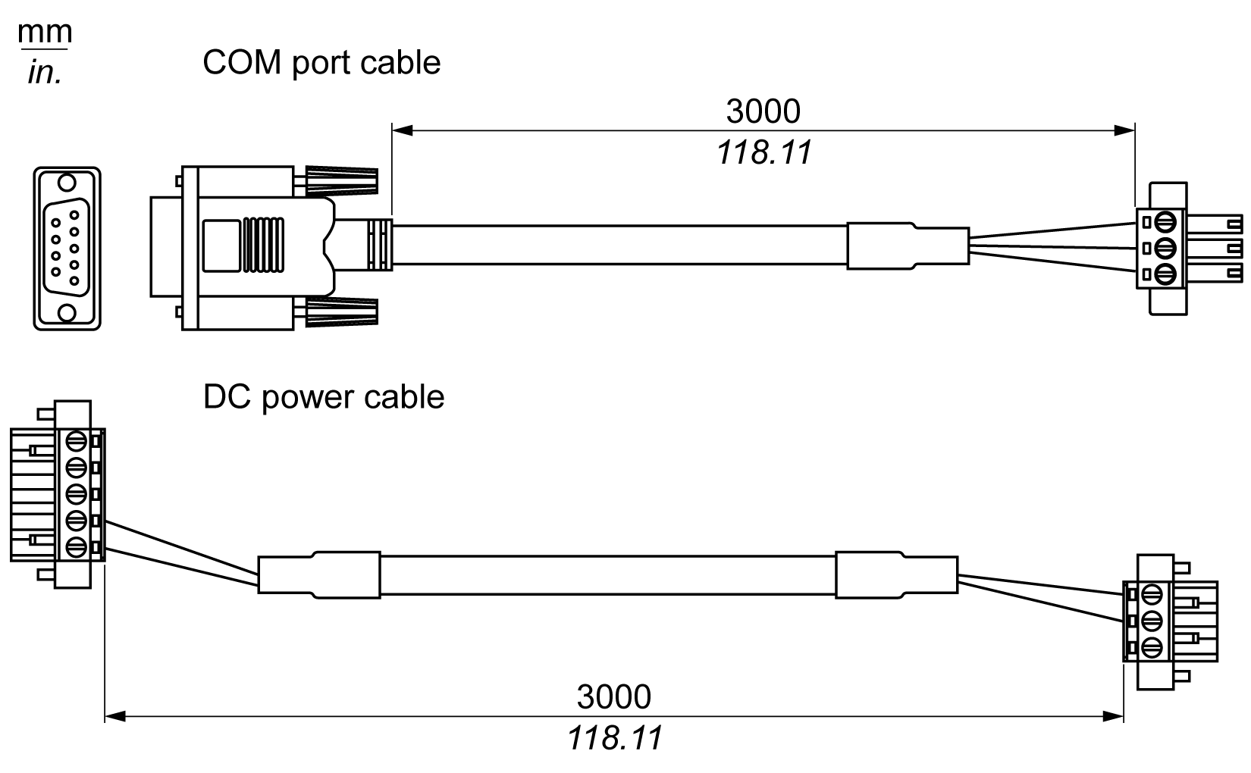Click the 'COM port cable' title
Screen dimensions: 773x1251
click(x=321, y=62)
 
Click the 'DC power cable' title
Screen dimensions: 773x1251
click(x=324, y=397)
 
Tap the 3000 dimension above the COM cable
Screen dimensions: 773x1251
click(x=763, y=111)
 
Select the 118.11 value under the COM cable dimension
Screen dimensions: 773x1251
click(x=764, y=152)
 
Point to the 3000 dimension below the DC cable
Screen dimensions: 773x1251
click(x=613, y=696)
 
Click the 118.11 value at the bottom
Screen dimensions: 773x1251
click(x=615, y=738)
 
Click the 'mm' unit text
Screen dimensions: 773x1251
click(x=45, y=33)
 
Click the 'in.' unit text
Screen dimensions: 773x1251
click(x=44, y=73)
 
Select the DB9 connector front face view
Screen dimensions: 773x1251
click(x=67, y=249)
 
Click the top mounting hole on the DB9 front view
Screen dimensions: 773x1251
click(x=67, y=183)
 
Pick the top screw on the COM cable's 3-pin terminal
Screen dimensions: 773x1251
click(x=1167, y=222)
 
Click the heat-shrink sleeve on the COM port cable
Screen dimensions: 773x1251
click(x=907, y=245)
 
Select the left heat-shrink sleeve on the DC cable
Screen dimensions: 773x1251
click(x=318, y=573)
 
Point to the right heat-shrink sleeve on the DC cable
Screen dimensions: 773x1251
click(x=896, y=574)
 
